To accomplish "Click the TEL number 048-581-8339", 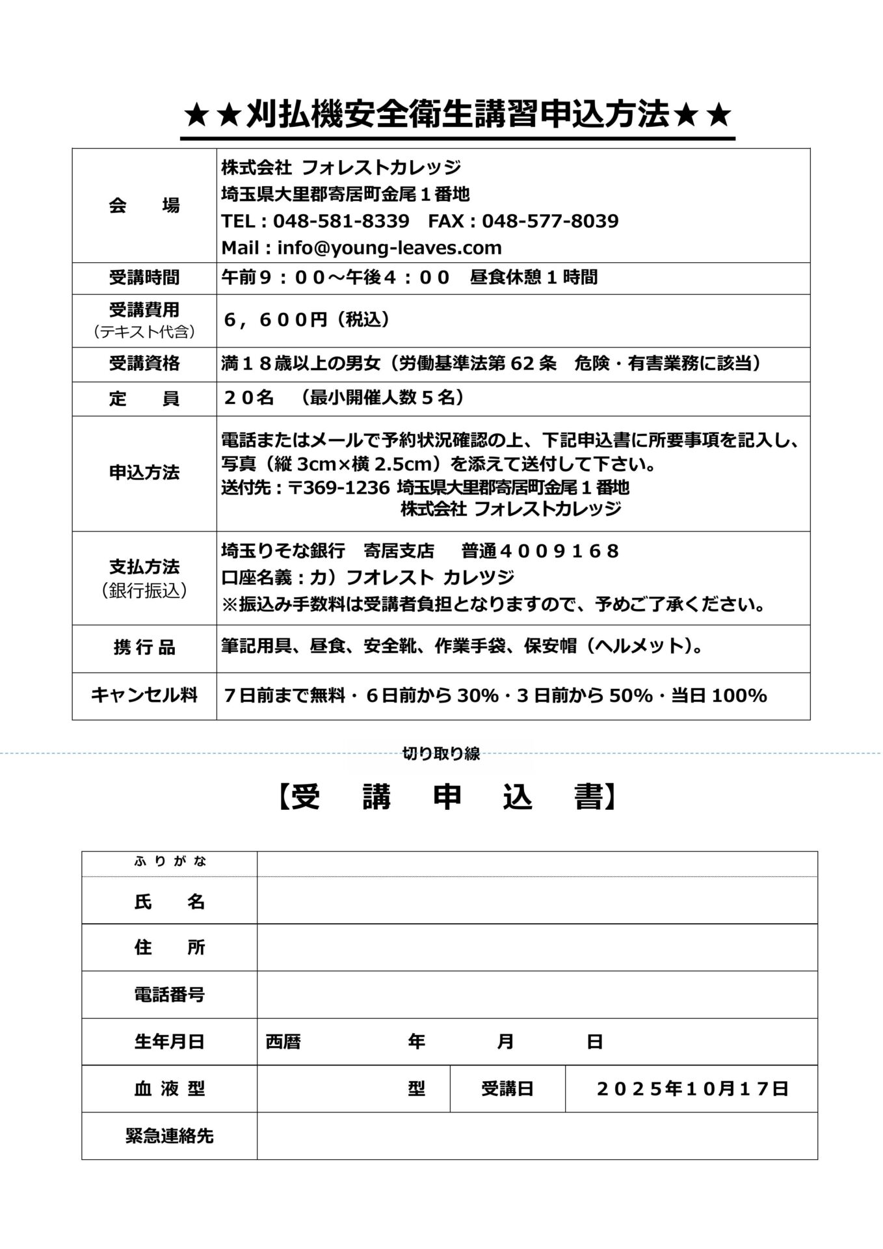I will (341, 221).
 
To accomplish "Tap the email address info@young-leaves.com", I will (389, 248).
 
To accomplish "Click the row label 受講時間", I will (144, 278).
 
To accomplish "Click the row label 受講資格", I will (144, 364).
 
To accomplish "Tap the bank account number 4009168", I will (558, 552).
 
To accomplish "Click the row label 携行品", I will (144, 648).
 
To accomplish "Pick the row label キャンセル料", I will (144, 695).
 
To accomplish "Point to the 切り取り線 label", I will (441, 753).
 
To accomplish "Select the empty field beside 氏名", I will (536, 900).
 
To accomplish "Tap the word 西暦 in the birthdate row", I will (283, 1042).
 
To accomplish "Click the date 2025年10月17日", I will (692, 1089).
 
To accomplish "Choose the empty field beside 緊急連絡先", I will (536, 1136).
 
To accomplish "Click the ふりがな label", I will (170, 862).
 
